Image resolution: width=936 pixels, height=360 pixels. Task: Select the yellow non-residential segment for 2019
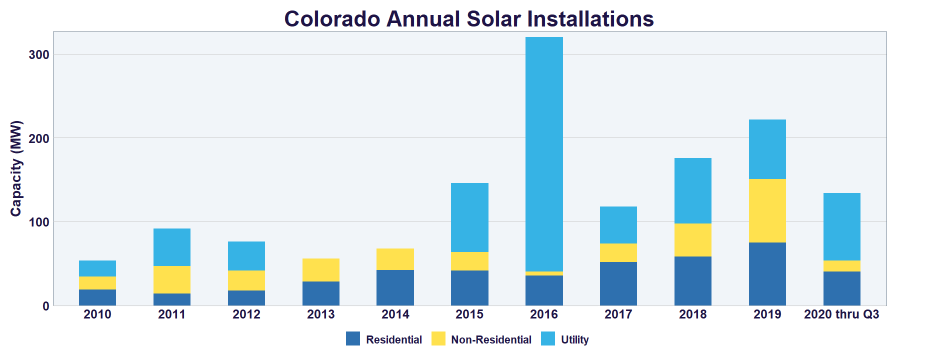767,210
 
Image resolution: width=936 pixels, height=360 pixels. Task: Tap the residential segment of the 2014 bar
395,287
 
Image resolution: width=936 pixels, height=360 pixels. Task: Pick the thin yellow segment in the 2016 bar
544,273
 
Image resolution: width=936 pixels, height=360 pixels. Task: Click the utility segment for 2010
97,268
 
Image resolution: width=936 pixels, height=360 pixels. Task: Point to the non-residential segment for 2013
320,270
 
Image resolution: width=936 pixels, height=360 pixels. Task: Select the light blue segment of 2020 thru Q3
841,226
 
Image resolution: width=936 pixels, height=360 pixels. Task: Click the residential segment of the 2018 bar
692,280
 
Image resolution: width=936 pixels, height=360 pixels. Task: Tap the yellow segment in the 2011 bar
171,279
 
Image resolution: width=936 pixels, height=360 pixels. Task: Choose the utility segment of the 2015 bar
469,217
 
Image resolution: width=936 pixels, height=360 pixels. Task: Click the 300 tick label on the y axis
38,54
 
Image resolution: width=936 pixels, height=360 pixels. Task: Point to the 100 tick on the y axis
38,222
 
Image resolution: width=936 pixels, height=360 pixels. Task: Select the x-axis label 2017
618,314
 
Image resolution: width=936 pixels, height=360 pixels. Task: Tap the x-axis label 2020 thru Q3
841,314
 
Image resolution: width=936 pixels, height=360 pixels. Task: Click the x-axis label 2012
246,314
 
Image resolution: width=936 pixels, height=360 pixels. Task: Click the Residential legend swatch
353,339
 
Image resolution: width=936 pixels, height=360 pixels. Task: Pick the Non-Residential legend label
491,340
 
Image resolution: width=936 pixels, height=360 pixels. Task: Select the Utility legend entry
574,340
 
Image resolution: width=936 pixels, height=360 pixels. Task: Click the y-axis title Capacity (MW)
16,168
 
